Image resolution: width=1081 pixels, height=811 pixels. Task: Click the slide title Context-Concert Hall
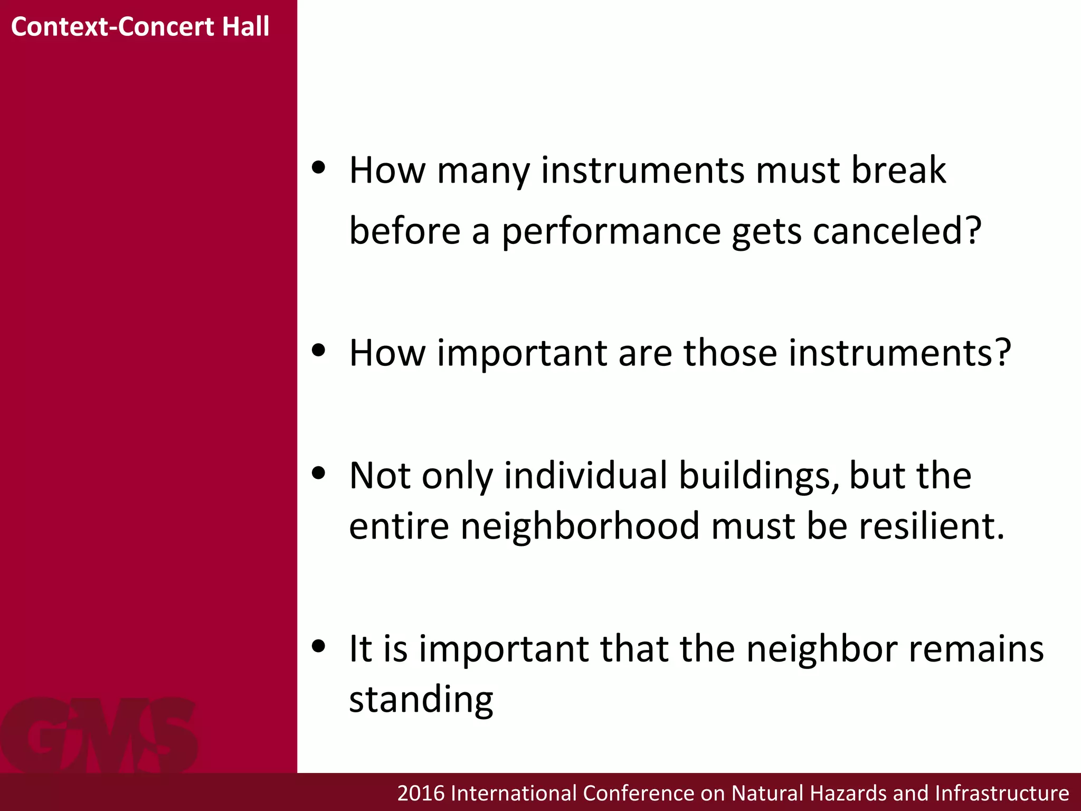140,26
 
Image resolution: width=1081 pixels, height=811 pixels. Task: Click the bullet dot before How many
318,168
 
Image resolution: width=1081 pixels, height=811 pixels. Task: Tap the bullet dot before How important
318,350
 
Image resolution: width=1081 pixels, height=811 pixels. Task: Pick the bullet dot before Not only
318,473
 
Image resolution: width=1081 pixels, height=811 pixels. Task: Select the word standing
421,700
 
